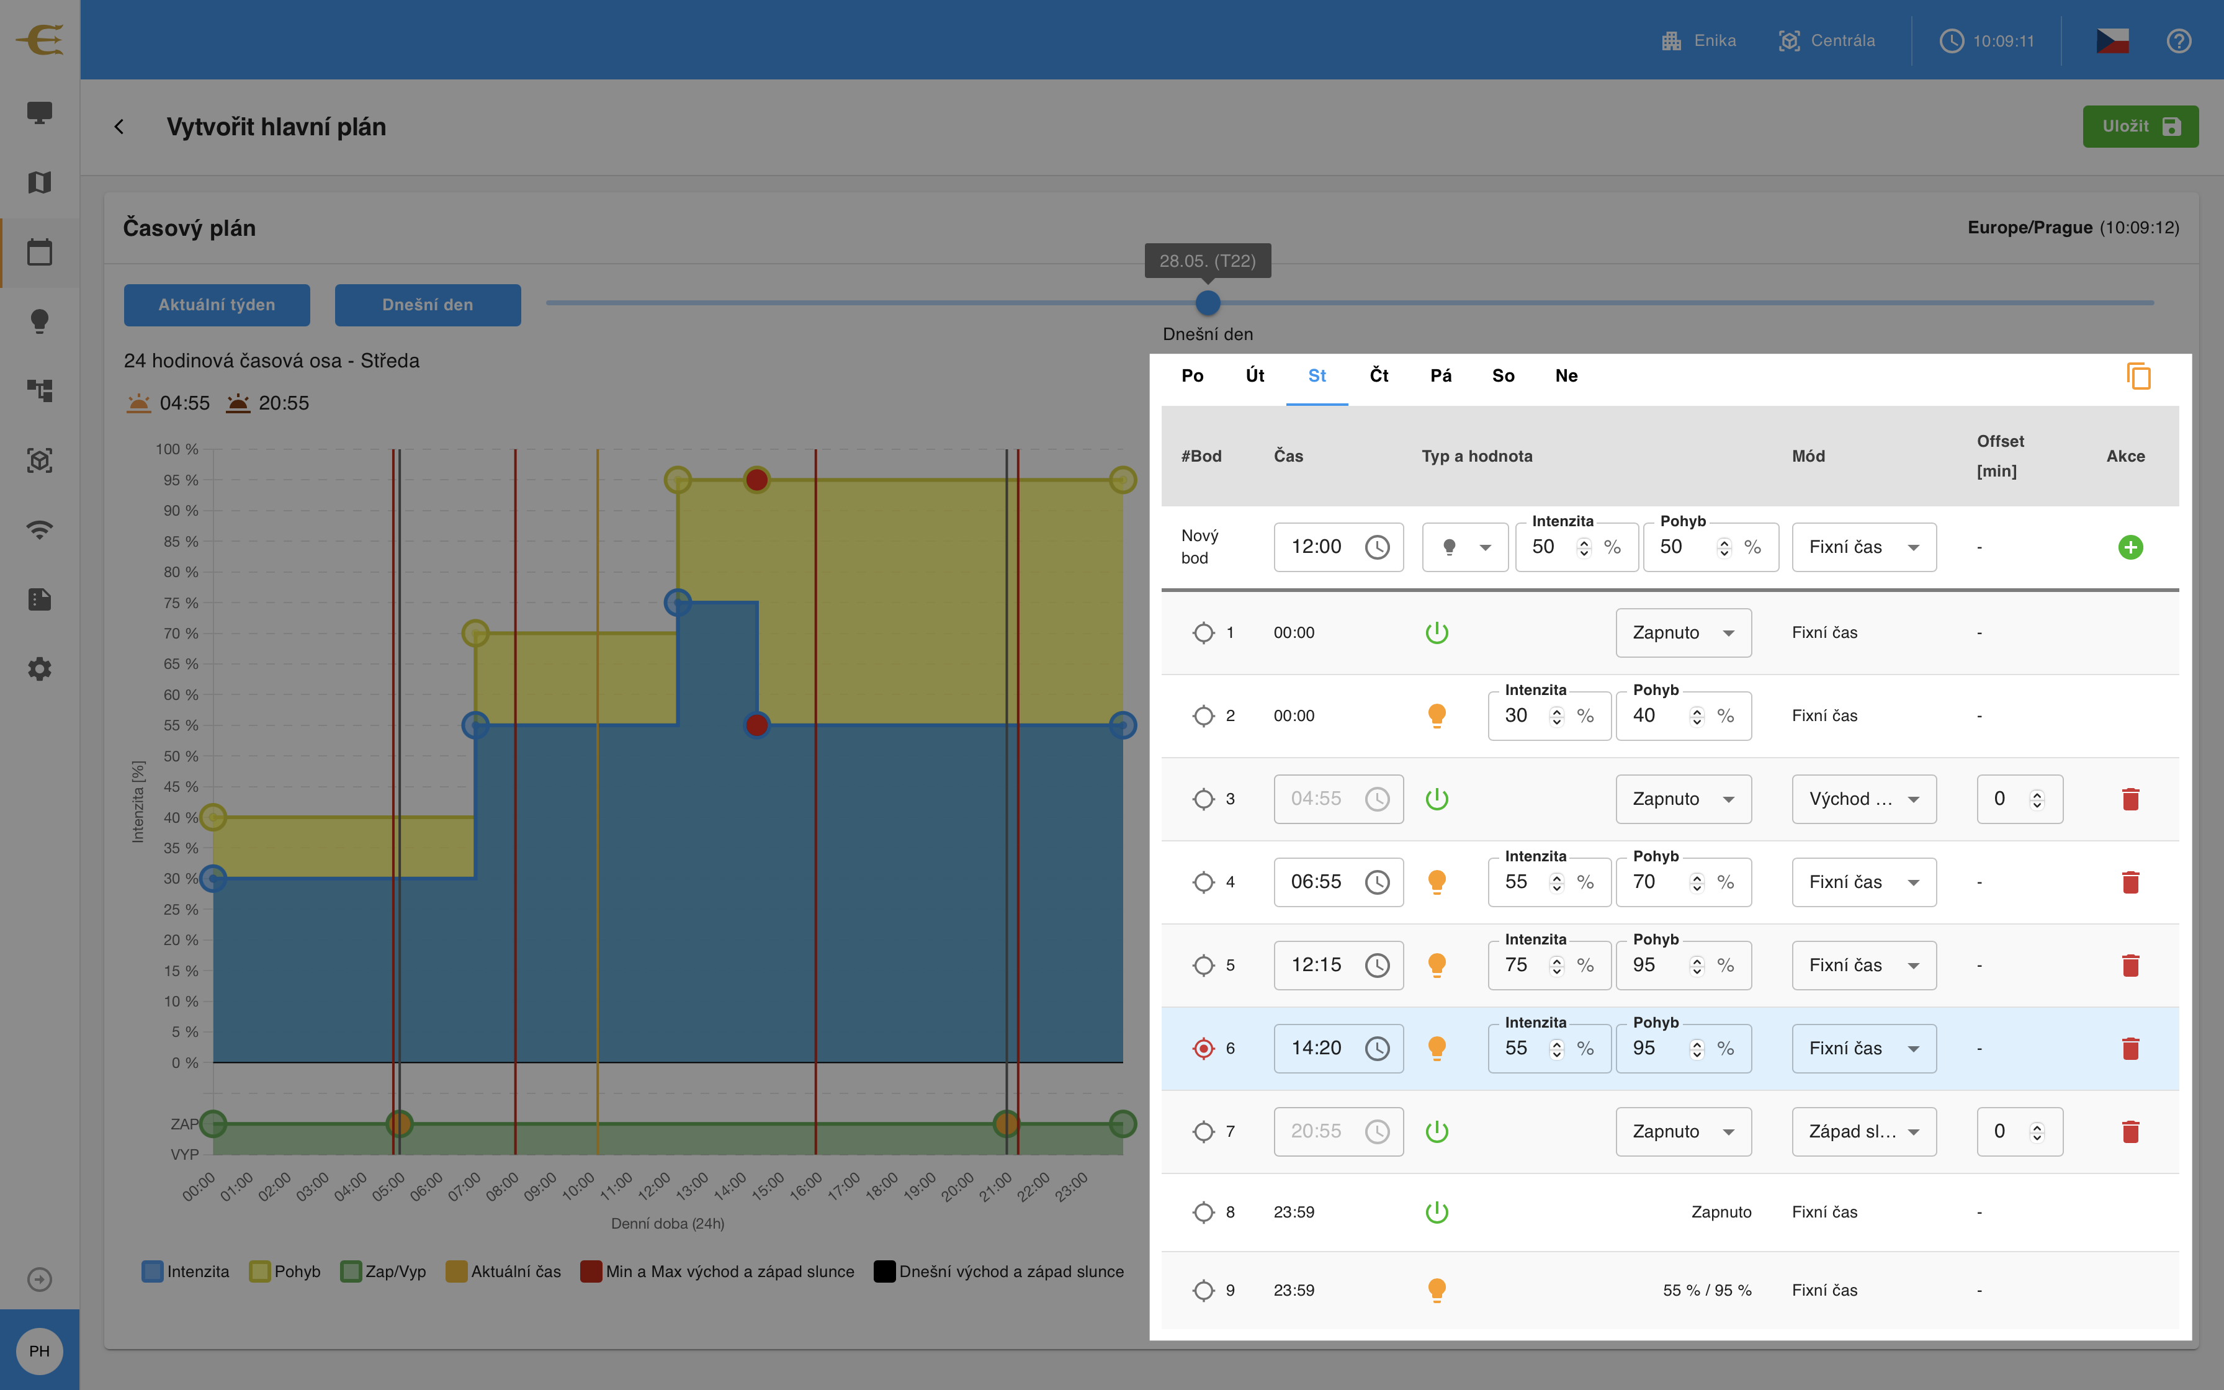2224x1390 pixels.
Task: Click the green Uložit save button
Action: point(2140,126)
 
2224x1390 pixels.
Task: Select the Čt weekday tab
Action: point(1378,375)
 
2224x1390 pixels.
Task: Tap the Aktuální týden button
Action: point(217,304)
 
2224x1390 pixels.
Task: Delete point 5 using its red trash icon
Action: point(2130,966)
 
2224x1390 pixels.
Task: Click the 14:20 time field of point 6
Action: point(1338,1048)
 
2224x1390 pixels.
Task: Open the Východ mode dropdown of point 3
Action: point(1863,799)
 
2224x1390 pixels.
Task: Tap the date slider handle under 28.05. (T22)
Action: point(1208,302)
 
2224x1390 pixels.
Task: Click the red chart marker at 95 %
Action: point(756,480)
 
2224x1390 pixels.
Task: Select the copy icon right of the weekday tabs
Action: point(2138,376)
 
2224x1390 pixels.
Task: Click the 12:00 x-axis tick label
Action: point(654,1186)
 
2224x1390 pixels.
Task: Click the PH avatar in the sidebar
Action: point(40,1350)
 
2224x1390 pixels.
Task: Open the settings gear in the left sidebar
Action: point(40,668)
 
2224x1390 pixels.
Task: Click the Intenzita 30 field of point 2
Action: point(1548,716)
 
